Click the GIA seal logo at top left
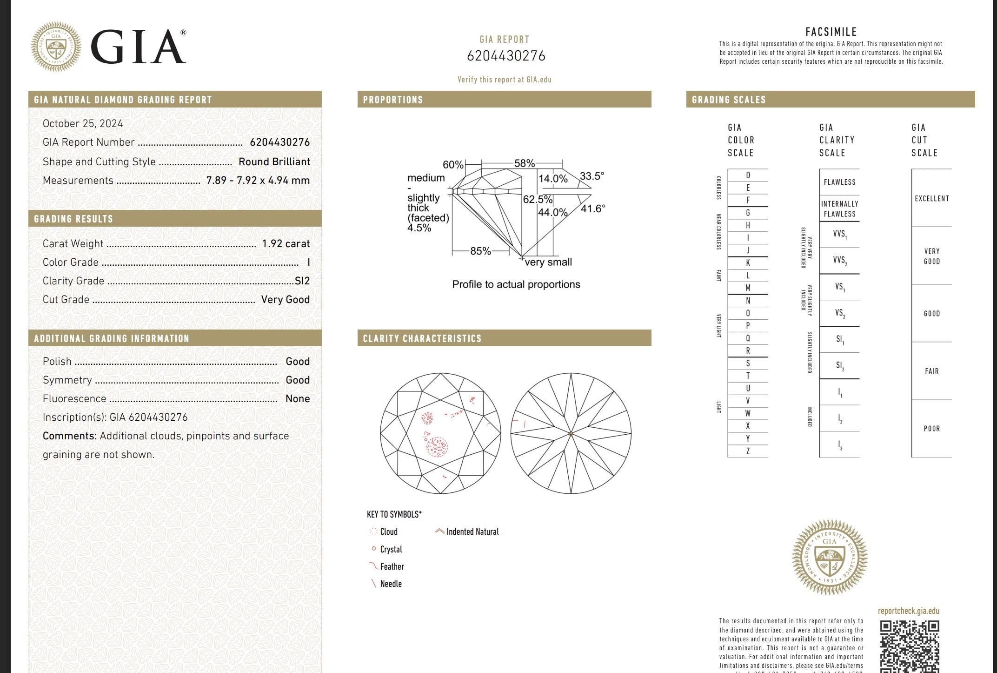[56, 47]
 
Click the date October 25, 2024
[83, 124]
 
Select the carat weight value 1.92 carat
[286, 244]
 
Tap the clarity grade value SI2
[302, 281]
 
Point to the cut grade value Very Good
[285, 300]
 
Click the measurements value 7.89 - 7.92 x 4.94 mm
[258, 181]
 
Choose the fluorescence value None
[298, 399]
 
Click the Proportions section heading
[393, 100]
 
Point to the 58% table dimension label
[524, 163]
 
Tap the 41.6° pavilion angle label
[593, 209]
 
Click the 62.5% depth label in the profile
[538, 200]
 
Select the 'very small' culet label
[548, 262]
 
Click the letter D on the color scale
[748, 175]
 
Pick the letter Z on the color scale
[748, 451]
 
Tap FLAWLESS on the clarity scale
[839, 182]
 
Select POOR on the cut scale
[931, 429]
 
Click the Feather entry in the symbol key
[392, 567]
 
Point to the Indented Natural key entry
[472, 532]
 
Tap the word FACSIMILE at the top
[831, 32]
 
